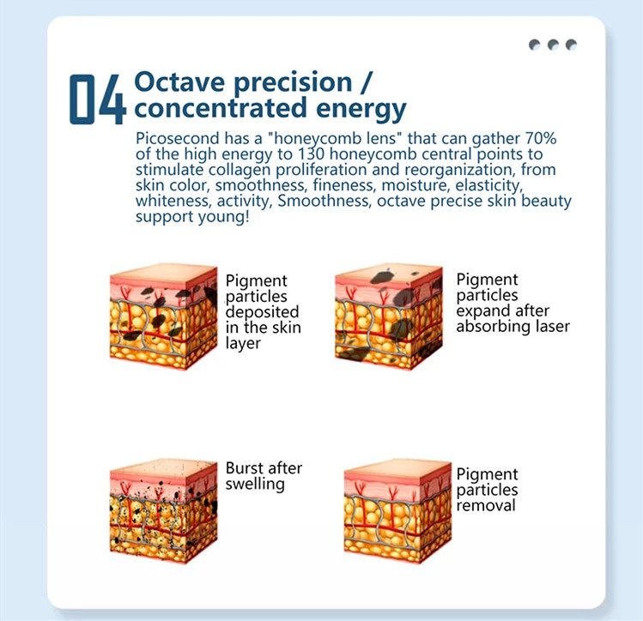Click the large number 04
97,99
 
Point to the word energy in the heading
361,110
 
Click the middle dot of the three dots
552,45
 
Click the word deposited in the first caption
262,312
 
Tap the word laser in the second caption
549,326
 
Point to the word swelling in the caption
255,484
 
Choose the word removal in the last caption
485,505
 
